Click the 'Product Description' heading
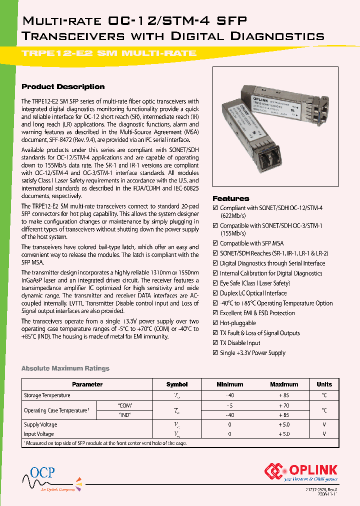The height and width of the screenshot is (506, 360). [x=63, y=86]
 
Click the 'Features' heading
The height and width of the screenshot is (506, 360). [x=230, y=198]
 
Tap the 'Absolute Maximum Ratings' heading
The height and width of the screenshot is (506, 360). [x=65, y=368]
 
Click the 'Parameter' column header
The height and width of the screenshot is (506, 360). [x=87, y=384]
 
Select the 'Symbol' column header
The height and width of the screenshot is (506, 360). [x=176, y=384]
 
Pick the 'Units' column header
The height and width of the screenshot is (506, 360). [x=324, y=384]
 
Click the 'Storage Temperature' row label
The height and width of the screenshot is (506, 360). [x=47, y=395]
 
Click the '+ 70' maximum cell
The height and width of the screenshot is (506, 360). [x=283, y=405]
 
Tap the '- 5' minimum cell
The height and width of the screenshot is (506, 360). [x=229, y=405]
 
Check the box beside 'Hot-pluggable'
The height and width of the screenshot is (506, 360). [x=215, y=323]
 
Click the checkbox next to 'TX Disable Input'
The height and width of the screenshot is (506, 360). [x=215, y=343]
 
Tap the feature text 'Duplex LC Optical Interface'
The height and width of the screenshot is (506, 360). [x=253, y=293]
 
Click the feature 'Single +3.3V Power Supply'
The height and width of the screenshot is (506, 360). [x=252, y=353]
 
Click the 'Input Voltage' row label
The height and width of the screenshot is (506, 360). [x=38, y=434]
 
